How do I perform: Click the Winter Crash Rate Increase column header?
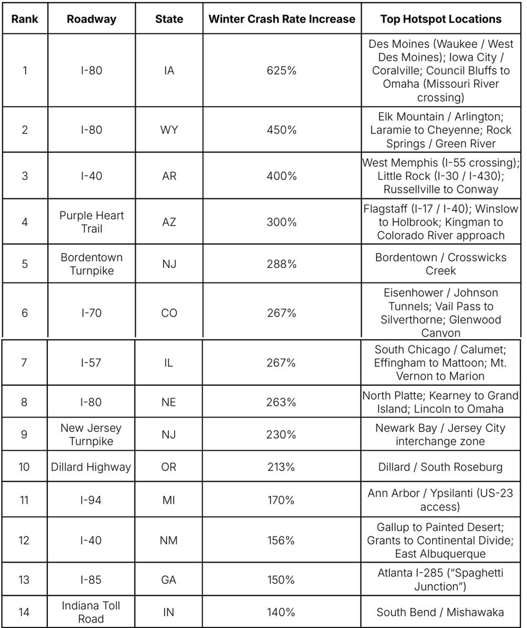pos(281,19)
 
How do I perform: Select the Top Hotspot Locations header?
pos(441,19)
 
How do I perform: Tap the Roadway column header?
pos(91,19)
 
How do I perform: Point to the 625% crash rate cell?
pos(281,70)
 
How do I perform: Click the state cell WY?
pos(169,130)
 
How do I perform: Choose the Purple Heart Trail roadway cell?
pos(91,222)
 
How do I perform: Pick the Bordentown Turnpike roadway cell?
pos(91,264)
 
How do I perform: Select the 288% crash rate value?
pos(281,264)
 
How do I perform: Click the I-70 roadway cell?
pos(91,313)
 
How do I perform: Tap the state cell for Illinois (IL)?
pos(169,363)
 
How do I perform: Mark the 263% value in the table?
pos(281,402)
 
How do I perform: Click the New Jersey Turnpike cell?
pos(91,434)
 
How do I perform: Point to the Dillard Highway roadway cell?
pos(91,467)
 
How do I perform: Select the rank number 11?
pos(24,500)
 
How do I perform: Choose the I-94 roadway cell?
pos(91,500)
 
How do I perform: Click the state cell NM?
pos(169,540)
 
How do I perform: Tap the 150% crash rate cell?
pos(281,580)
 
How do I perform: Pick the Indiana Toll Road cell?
pos(91,612)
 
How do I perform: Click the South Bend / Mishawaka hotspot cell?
pos(440,612)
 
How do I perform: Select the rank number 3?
pos(24,176)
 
